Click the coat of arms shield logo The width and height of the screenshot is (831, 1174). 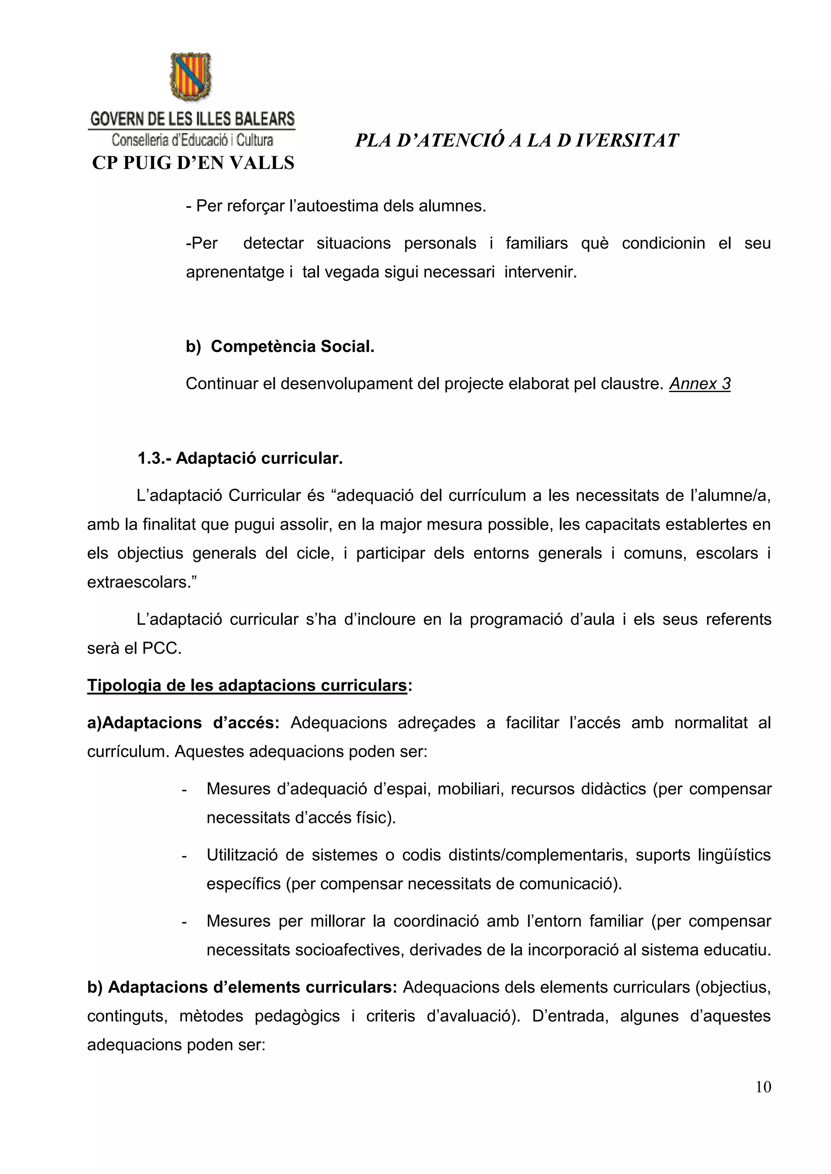(x=191, y=77)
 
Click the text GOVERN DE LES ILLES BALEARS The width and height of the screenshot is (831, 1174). (x=192, y=119)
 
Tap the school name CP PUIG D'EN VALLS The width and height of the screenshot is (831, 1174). (x=193, y=163)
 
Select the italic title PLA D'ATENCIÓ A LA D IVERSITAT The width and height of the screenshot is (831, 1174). (x=516, y=141)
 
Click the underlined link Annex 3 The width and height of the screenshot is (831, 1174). (x=700, y=383)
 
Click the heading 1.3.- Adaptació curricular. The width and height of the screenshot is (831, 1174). (x=240, y=458)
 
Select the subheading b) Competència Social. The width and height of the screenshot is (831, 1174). (x=280, y=346)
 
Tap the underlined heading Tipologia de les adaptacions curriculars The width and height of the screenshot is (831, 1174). (x=247, y=685)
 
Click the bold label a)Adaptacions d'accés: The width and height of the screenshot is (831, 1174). (x=183, y=722)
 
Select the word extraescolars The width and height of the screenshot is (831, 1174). (x=138, y=583)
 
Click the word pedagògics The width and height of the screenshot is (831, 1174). (x=297, y=1016)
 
